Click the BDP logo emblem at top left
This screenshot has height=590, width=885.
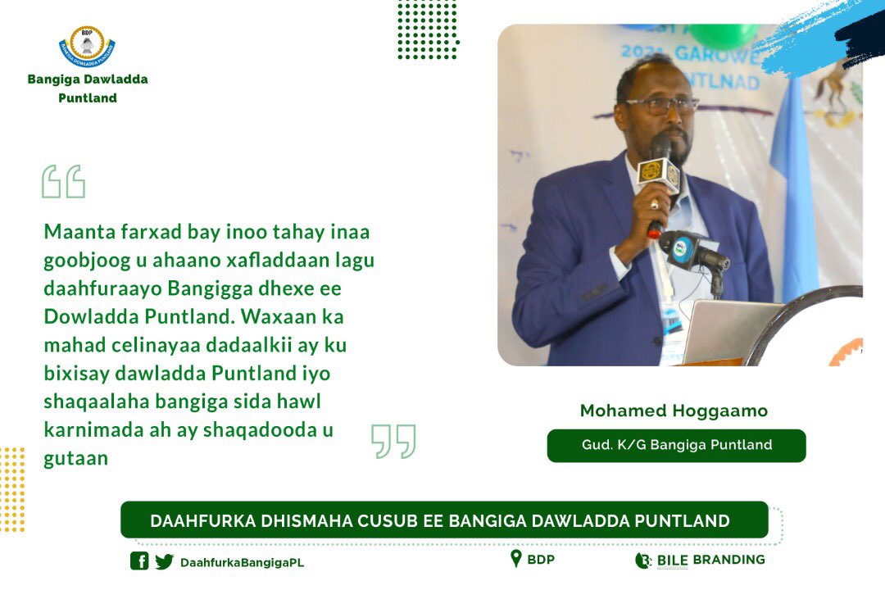87,48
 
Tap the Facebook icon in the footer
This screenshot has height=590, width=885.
139,561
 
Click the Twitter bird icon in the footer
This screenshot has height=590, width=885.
165,561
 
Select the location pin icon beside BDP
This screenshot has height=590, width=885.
515,559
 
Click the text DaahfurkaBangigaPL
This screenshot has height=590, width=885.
242,562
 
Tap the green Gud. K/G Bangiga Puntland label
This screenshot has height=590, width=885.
676,446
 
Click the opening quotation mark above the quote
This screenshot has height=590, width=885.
63,182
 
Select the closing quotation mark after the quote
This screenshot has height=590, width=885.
393,441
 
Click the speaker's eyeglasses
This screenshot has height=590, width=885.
660,105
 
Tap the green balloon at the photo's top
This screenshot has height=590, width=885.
721,34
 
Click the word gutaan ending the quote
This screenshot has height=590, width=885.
76,458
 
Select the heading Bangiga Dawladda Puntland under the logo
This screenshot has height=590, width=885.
88,88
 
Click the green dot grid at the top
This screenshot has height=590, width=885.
427,29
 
